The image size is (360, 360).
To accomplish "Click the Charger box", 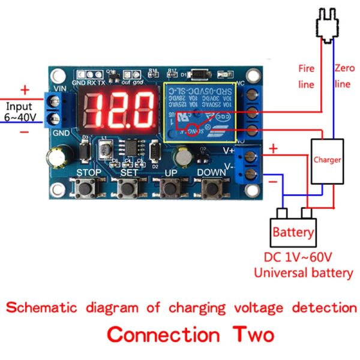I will [327, 160].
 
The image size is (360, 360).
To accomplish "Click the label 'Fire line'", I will [306, 76].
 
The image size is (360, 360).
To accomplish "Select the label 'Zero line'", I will [342, 76].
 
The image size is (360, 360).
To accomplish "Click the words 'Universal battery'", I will [303, 273].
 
